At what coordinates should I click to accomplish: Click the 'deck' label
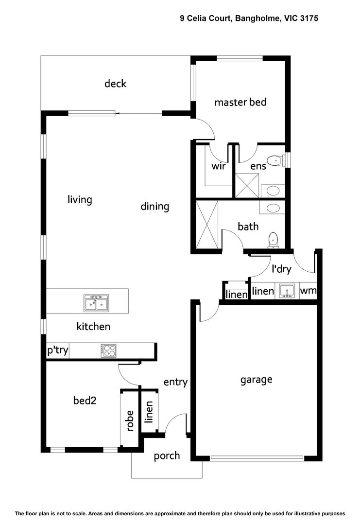coord(116,84)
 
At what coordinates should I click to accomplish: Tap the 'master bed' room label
coord(240,103)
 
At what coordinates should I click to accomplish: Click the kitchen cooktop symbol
coord(109,351)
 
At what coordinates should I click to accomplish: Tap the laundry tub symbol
coord(287,291)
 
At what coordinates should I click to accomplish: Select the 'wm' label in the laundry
coord(308,291)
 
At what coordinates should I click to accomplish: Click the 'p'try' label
coord(57,351)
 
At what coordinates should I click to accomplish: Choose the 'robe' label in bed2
coord(130,420)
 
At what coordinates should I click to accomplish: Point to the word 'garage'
coord(256,380)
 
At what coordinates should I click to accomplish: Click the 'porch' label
coord(167,456)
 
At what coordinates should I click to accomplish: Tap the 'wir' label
coord(218,166)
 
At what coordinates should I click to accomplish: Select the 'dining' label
coord(155,207)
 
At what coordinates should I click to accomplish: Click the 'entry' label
coord(175,382)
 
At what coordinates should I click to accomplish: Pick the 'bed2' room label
coord(84,401)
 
